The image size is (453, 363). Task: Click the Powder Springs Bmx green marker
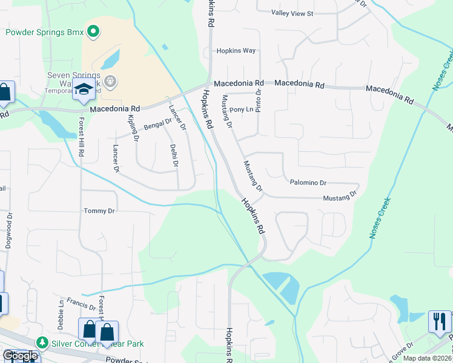click(x=93, y=31)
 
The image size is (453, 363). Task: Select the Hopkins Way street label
click(x=236, y=51)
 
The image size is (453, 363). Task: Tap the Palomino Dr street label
click(x=308, y=182)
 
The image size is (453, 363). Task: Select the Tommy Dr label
click(x=99, y=211)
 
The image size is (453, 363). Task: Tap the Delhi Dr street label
click(x=174, y=154)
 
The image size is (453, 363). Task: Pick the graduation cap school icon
click(x=84, y=89)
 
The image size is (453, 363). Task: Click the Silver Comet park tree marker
click(x=42, y=343)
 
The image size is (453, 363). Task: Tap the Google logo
click(x=20, y=356)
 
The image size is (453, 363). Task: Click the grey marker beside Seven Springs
click(x=110, y=80)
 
